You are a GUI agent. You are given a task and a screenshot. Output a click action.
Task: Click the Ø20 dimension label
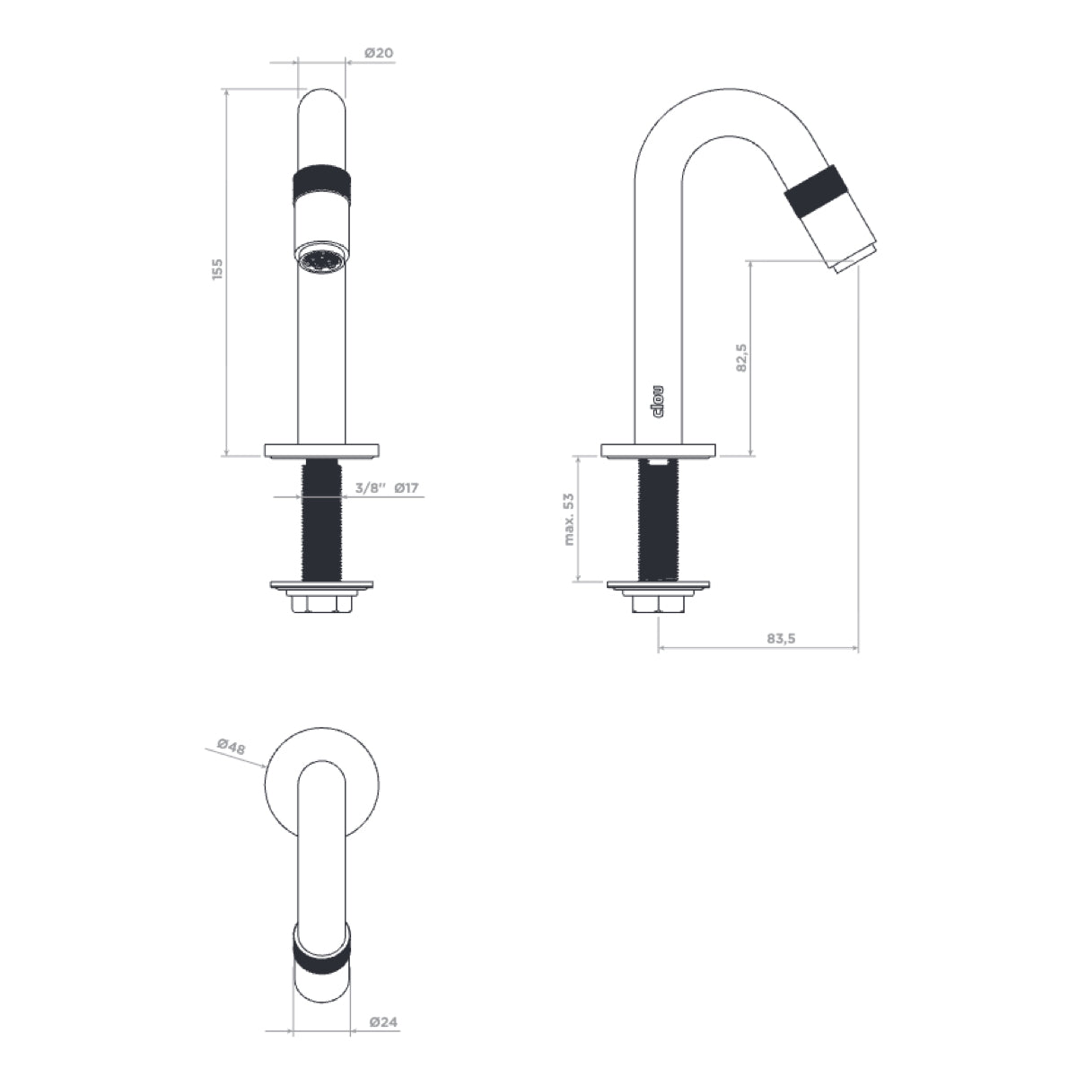click(379, 53)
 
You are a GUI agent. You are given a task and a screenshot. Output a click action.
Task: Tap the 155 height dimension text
click(217, 269)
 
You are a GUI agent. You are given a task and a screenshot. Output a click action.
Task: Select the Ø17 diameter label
click(407, 488)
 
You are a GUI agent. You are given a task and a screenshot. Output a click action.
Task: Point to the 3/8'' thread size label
click(371, 488)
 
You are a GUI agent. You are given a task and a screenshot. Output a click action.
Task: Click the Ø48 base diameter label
click(232, 747)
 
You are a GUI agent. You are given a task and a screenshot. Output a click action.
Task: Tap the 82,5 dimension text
click(741, 358)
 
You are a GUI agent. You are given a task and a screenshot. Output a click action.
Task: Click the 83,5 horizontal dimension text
click(781, 639)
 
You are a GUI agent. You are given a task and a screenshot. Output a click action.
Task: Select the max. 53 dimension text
click(569, 520)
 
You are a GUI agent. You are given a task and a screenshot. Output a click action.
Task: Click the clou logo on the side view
click(658, 402)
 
